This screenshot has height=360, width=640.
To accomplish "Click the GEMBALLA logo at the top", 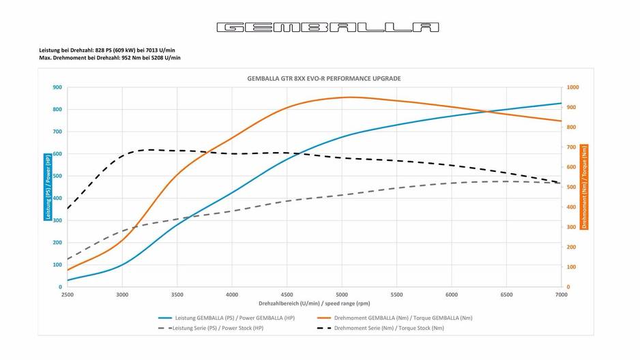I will (x=328, y=27).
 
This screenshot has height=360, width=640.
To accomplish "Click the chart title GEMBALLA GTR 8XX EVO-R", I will (x=323, y=78).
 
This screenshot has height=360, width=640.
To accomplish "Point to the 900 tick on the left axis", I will (x=57, y=87).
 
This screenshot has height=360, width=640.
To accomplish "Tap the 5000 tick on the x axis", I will (x=341, y=295).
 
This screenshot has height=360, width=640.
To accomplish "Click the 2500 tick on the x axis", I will (x=67, y=295).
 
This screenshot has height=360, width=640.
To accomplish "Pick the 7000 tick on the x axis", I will (x=561, y=295).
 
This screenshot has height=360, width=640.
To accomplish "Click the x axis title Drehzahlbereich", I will (x=314, y=303).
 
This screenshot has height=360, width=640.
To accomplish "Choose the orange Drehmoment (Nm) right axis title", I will (x=585, y=187).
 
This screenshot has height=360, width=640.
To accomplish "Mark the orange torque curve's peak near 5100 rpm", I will (x=350, y=97).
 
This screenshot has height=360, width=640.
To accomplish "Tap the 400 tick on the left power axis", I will (x=57, y=198).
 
